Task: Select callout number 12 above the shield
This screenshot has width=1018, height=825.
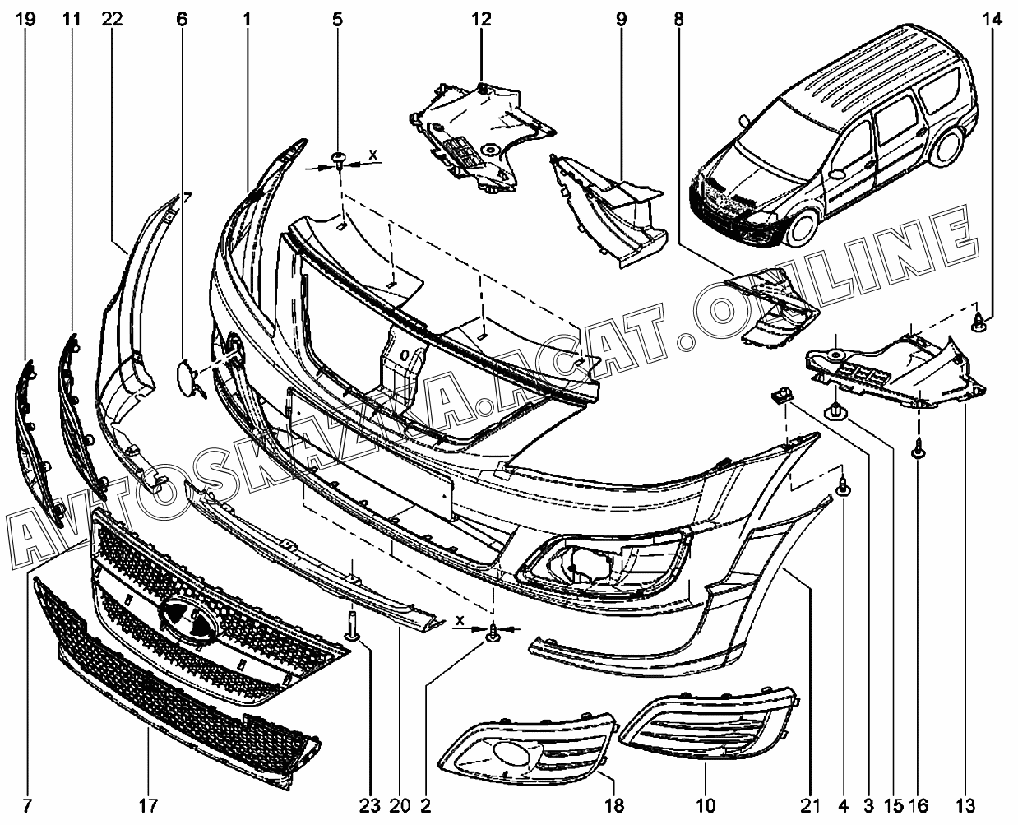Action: click(x=481, y=20)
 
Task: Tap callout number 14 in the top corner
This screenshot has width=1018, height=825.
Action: click(x=993, y=20)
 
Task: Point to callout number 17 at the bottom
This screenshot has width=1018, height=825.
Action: click(x=148, y=806)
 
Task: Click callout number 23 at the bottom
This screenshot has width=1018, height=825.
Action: click(x=369, y=806)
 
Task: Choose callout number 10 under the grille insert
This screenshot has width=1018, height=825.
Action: click(x=706, y=806)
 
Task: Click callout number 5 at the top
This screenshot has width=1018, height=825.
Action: click(x=337, y=20)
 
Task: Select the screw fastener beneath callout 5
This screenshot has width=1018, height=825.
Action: click(x=339, y=160)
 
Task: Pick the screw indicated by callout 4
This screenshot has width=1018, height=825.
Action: click(x=844, y=488)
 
